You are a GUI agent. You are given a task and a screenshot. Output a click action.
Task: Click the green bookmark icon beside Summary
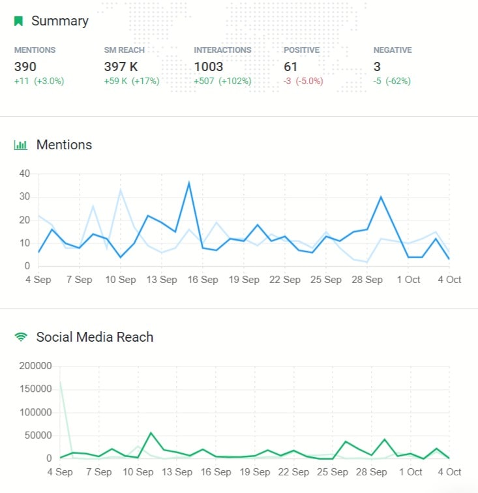pos(19,21)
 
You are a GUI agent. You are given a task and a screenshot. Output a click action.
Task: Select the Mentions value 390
pos(25,67)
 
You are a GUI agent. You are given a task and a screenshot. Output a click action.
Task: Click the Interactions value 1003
pos(209,67)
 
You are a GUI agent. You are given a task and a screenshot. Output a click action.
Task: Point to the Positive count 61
pos(290,67)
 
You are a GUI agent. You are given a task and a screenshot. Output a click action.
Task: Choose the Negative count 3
pos(377,67)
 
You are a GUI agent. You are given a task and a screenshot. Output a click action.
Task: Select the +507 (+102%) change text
pos(222,82)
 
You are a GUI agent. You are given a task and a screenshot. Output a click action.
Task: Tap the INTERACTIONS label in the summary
pos(222,50)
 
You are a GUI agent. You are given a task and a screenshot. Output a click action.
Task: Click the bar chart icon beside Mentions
pos(21,145)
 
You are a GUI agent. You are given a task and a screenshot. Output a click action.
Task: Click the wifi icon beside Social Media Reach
pos(21,337)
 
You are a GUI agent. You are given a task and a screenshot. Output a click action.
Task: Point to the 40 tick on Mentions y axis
pos(25,173)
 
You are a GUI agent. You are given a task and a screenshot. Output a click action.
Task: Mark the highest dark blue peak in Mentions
pos(189,183)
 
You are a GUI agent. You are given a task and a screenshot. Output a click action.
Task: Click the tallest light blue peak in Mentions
pos(121,190)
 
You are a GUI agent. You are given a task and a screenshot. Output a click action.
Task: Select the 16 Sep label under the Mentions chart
pos(202,280)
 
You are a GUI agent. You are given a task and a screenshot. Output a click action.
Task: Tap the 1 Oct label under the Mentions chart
pos(408,280)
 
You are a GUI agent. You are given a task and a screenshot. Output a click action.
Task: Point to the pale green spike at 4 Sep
pos(60,383)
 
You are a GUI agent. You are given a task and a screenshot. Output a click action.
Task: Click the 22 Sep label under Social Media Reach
pos(284,472)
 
